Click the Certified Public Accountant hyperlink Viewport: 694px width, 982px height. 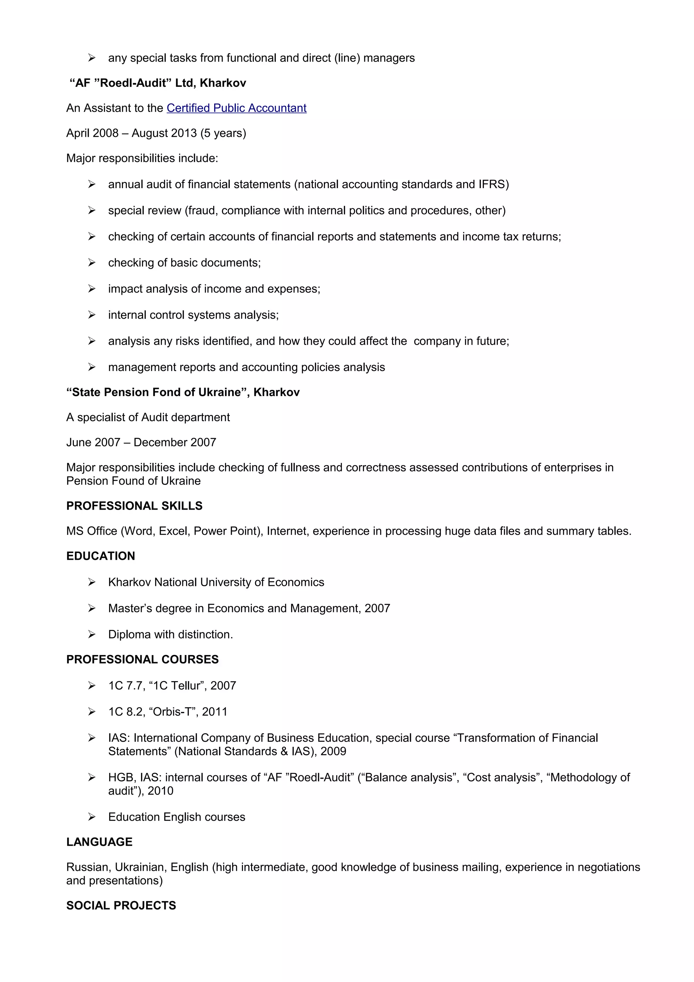(237, 108)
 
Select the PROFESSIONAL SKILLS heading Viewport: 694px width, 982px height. (134, 506)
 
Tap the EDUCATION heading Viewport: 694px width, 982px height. (101, 556)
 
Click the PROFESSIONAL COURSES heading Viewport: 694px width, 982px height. (142, 659)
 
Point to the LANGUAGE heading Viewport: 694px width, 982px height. (99, 842)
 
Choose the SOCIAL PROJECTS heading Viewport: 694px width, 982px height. (121, 905)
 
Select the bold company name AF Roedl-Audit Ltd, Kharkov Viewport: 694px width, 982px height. (158, 83)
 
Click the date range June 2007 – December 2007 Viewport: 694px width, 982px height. (141, 442)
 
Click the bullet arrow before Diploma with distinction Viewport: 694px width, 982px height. (91, 634)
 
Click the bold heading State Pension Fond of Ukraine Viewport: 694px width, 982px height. (183, 392)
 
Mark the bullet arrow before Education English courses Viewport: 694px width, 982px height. (91, 817)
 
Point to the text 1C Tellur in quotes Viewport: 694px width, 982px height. (177, 686)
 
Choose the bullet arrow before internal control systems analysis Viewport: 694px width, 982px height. (91, 315)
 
